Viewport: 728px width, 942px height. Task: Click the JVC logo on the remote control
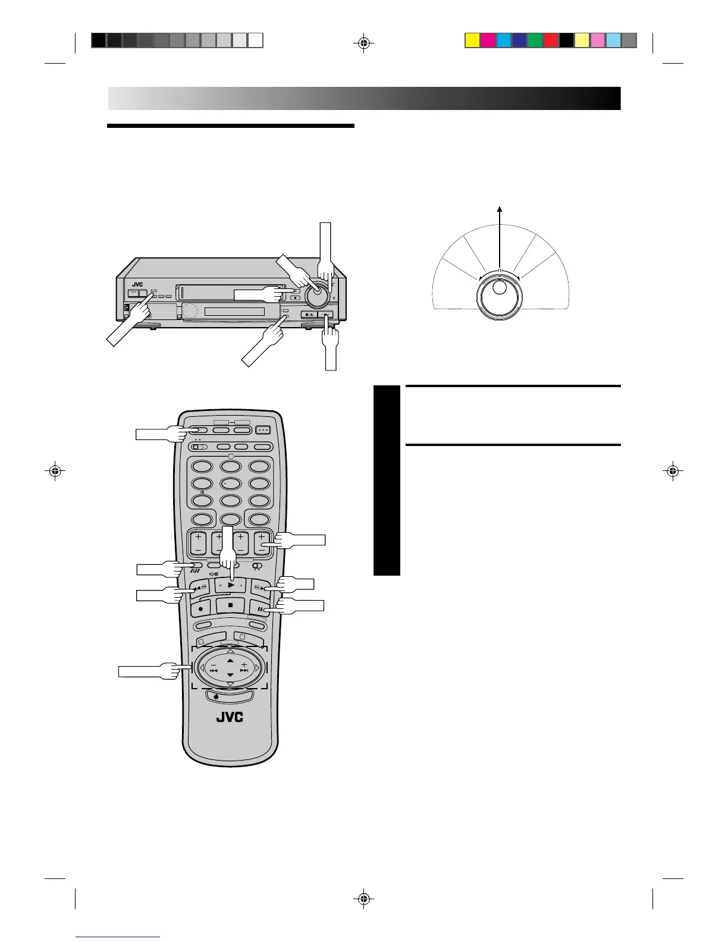click(230, 717)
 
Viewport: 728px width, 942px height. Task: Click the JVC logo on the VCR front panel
click(137, 284)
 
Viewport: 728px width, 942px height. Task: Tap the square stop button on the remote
click(231, 605)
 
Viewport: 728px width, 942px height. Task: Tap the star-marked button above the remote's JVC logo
click(230, 696)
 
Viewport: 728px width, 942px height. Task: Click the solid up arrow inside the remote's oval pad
click(230, 661)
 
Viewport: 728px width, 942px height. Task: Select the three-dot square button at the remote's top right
click(263, 431)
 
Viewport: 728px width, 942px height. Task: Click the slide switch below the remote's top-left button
click(199, 447)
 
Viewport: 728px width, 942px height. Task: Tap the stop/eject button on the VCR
click(309, 315)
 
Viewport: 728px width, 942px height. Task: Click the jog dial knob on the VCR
click(317, 295)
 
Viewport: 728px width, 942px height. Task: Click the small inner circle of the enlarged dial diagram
click(500, 287)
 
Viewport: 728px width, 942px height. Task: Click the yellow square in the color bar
click(472, 40)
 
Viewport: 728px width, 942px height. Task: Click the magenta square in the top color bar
click(488, 40)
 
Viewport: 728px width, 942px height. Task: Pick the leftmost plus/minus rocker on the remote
click(198, 544)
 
